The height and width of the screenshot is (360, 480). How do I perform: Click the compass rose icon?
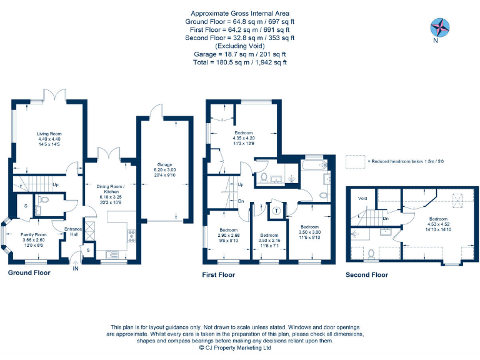441,27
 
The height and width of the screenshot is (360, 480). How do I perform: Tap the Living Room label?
49,134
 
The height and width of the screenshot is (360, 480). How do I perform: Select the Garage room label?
162,164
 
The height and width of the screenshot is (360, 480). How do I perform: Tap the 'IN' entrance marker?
76,268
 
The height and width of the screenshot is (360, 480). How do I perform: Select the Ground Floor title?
29,273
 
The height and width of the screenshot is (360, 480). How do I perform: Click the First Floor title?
218,275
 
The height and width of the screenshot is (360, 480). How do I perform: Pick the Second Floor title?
367,275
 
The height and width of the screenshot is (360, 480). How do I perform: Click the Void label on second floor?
362,198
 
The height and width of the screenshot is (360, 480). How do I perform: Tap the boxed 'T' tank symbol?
276,211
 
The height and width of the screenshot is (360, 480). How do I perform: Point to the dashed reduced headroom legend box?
356,161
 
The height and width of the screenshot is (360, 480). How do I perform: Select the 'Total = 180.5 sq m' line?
240,62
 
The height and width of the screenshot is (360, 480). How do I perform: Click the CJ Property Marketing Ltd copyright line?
239,349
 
